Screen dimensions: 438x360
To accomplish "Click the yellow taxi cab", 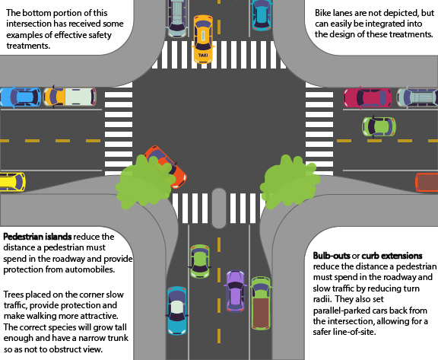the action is tap(203, 39).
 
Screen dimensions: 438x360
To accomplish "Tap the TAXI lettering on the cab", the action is tap(203, 55).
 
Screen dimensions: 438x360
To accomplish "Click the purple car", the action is tap(235, 291).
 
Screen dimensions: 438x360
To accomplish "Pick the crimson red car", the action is tap(367, 97).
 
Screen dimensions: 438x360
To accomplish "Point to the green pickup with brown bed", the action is tap(261, 303).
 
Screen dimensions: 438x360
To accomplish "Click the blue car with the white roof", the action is tap(177, 311).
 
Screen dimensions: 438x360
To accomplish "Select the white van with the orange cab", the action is tap(70, 97).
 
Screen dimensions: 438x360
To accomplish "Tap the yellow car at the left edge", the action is tap(12, 182).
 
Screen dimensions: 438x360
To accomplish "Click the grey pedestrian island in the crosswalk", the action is tap(219, 208).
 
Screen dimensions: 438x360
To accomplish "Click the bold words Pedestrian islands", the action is tap(37, 237).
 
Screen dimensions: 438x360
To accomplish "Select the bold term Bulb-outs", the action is tap(332, 256).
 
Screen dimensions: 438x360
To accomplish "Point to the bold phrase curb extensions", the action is tap(392, 256).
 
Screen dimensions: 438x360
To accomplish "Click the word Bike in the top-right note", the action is tap(322, 13).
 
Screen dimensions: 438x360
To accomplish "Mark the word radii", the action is tap(322, 299).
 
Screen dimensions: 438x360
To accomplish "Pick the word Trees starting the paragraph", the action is tap(14, 295).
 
